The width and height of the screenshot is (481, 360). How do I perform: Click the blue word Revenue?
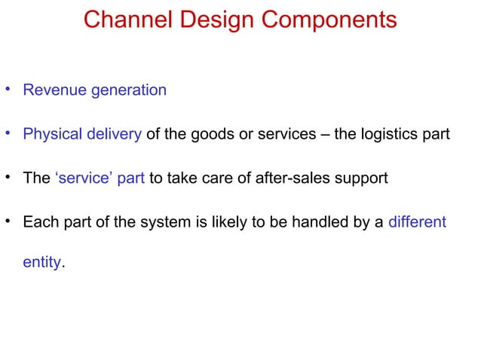(54, 90)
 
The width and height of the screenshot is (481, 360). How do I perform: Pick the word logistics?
(392, 135)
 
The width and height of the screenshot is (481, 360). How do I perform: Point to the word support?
(362, 179)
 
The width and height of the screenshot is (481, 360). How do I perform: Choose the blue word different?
(417, 222)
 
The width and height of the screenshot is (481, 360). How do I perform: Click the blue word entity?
(42, 264)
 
